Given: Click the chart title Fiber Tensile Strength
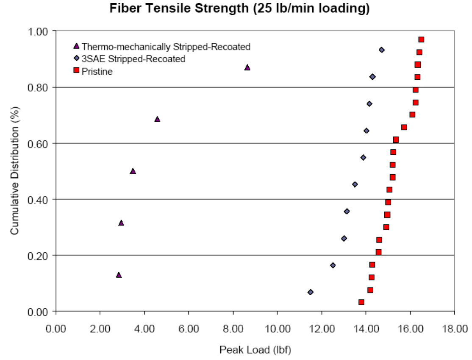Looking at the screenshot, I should pyautogui.click(x=239, y=8).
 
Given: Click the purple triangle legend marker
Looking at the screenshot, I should pyautogui.click(x=77, y=46).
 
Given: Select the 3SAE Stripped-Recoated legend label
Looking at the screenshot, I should pyautogui.click(x=133, y=59).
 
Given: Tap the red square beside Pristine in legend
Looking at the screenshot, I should pyautogui.click(x=77, y=71).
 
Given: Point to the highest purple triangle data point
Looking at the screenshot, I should pyautogui.click(x=247, y=67).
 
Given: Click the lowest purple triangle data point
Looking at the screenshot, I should pyautogui.click(x=119, y=275).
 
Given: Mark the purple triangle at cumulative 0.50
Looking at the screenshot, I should pyautogui.click(x=133, y=171).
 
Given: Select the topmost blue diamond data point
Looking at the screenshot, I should pyautogui.click(x=381, y=50).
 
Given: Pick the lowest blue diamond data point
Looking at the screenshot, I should pyautogui.click(x=311, y=292).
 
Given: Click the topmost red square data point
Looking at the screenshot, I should pyautogui.click(x=421, y=39).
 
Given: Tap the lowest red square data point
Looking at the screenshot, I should pyautogui.click(x=361, y=302).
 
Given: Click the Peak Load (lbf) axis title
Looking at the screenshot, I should pyautogui.click(x=255, y=350).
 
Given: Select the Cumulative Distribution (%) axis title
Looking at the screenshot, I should pyautogui.click(x=15, y=171).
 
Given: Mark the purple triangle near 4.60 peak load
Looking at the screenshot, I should pyautogui.click(x=157, y=119).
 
